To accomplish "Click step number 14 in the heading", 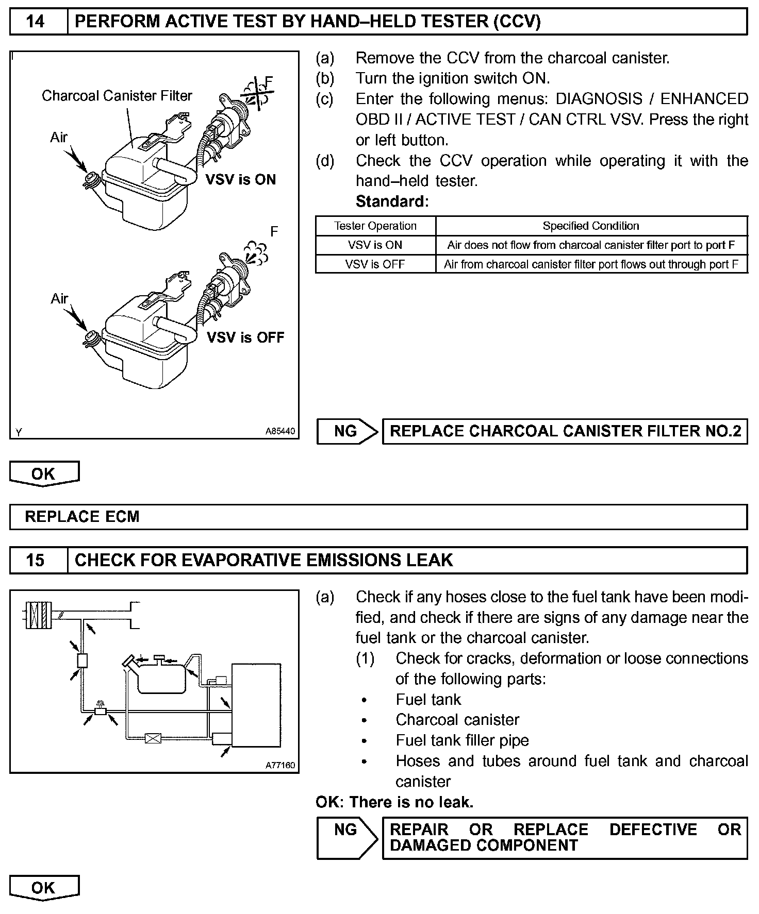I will click(35, 22).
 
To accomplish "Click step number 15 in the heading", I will click(35, 560).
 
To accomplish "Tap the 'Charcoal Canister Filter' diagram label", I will click(117, 96).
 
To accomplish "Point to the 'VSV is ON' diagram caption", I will click(241, 180).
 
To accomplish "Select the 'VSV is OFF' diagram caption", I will click(245, 337).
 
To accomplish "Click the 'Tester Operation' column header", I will click(375, 226).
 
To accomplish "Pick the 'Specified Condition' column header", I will click(591, 226).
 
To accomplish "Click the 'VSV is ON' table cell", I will click(375, 245).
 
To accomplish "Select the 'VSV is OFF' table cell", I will click(375, 264).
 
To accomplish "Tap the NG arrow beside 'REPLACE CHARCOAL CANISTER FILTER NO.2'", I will click(346, 431).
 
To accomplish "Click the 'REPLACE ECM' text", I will click(82, 517).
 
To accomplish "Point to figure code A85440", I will click(280, 431).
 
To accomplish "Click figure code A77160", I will click(280, 765).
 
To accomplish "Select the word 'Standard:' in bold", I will click(392, 201).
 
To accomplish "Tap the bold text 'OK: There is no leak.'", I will click(394, 802).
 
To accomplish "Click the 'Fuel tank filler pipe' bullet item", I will click(462, 740).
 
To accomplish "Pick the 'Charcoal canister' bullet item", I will click(457, 720).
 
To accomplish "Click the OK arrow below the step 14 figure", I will click(44, 473).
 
